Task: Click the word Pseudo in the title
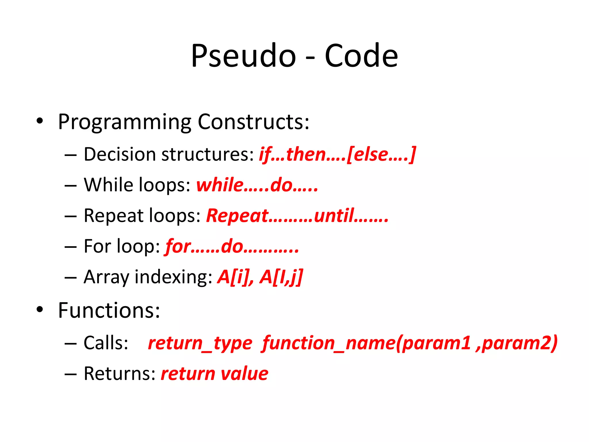pyautogui.click(x=243, y=56)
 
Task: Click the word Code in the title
pyautogui.click(x=361, y=56)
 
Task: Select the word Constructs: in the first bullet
pyautogui.click(x=253, y=122)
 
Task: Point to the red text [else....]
pyautogui.click(x=381, y=154)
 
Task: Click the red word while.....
pyautogui.click(x=220, y=185)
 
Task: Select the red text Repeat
pyautogui.click(x=237, y=216)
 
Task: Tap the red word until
pyautogui.click(x=334, y=216)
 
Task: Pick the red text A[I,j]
pyautogui.click(x=281, y=277)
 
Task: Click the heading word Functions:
pyautogui.click(x=109, y=310)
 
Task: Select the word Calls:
pyautogui.click(x=106, y=343)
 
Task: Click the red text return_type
pyautogui.click(x=200, y=343)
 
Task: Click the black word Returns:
pyautogui.click(x=120, y=374)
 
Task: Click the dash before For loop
pyautogui.click(x=70, y=247)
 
